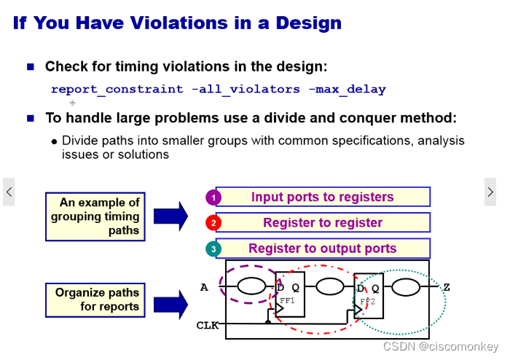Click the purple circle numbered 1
tap(213, 197)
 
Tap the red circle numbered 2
tap(213, 223)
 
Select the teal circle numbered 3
tap(213, 249)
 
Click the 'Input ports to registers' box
tap(323, 197)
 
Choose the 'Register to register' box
tap(323, 222)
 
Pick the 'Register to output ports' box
tap(323, 249)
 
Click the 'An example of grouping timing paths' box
tap(95, 216)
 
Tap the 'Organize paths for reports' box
tap(95, 300)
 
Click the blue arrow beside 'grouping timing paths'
tap(170, 216)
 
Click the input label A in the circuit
tap(205, 287)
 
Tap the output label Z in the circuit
tap(446, 287)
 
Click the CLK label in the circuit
tap(208, 325)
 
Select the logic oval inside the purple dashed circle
tap(252, 286)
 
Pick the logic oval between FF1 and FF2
tap(329, 286)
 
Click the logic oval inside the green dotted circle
tap(406, 287)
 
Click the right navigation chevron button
tap(490, 192)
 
